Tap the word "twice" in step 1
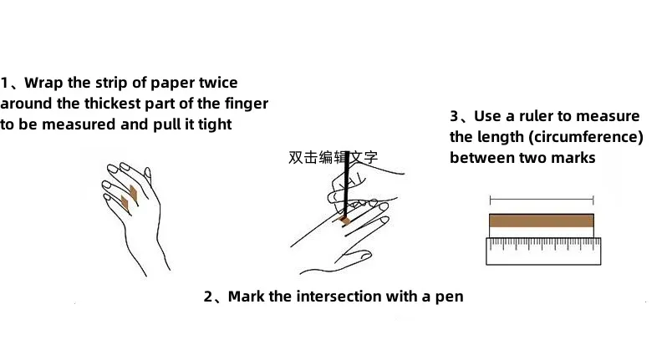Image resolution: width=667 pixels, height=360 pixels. coord(217,83)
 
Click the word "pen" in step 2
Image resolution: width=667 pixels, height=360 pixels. coord(449,297)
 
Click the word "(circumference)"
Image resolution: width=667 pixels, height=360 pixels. coord(594,136)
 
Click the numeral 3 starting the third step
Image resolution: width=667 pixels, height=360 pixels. coord(455,116)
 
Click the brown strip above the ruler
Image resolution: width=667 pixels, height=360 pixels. coord(541,221)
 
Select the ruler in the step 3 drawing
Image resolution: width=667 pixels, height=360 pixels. coord(541,250)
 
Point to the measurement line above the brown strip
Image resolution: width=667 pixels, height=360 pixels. coord(541,200)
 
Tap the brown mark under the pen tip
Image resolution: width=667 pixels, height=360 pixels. coord(344,220)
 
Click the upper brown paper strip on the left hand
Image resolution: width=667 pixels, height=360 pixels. coord(134,193)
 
